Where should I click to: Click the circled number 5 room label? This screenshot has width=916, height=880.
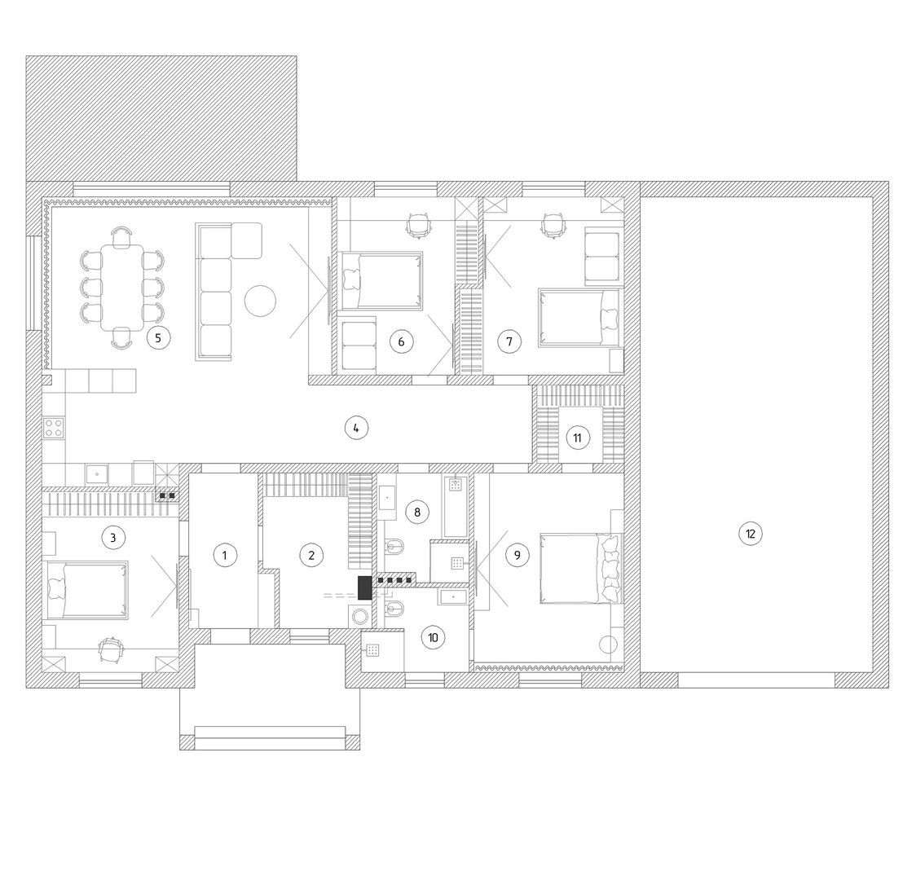(x=158, y=337)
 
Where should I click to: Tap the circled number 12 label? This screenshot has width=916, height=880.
(x=750, y=533)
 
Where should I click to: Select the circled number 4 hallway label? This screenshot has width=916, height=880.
(x=356, y=428)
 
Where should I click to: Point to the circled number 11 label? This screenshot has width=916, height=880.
(x=577, y=438)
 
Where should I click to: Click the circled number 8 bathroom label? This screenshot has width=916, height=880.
(x=417, y=513)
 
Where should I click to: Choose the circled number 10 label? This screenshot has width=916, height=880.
(x=433, y=637)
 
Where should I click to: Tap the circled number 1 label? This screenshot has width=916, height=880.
(x=224, y=555)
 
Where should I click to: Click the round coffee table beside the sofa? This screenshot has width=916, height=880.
(x=259, y=301)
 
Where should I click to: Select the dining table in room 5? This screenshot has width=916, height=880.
(x=122, y=288)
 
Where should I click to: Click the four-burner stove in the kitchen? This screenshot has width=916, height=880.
(x=54, y=428)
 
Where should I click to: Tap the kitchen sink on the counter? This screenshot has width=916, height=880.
(x=97, y=473)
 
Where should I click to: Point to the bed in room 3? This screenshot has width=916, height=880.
(x=86, y=590)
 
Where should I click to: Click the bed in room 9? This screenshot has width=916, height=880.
(x=581, y=568)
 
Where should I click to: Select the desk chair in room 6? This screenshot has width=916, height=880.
(x=417, y=225)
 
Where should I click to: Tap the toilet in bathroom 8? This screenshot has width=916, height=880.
(x=395, y=548)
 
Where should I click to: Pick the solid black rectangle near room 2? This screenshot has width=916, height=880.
(x=365, y=588)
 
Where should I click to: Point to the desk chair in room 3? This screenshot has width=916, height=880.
(x=111, y=649)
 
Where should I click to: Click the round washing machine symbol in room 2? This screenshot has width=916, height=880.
(x=360, y=617)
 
